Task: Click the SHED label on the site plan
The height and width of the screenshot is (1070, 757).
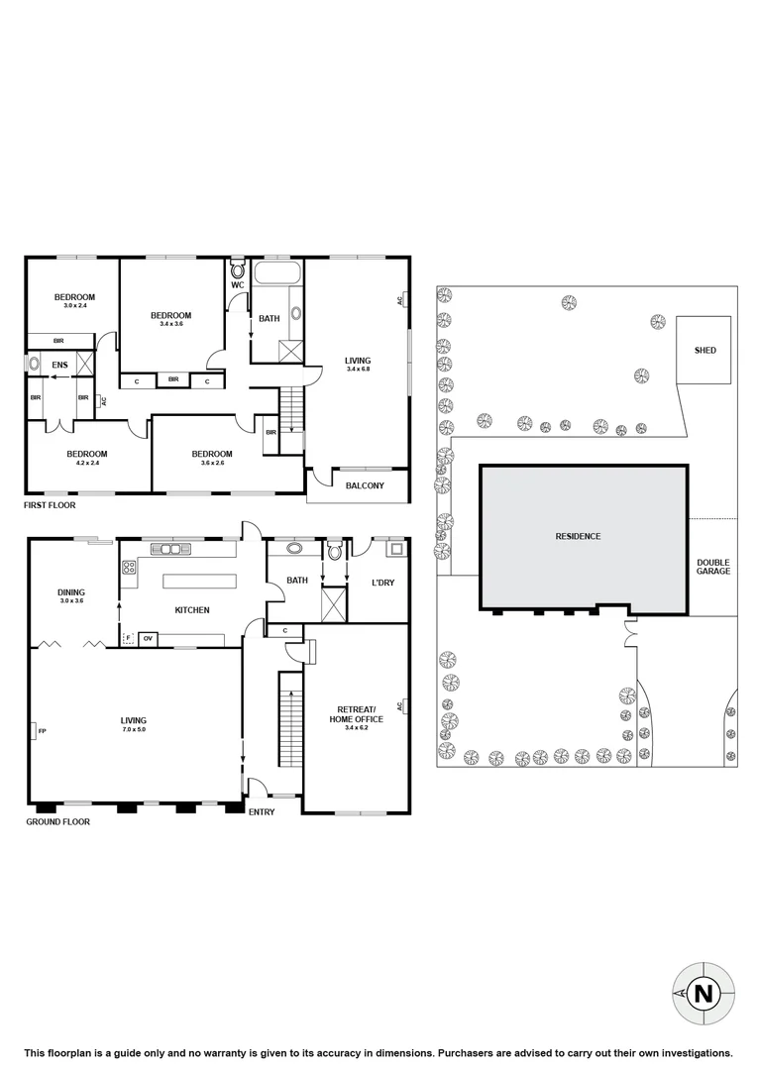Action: click(x=704, y=351)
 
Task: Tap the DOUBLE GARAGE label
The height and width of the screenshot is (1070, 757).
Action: click(x=713, y=566)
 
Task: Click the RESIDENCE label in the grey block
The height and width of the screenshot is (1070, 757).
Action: click(x=578, y=536)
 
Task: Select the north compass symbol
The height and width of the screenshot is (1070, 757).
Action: click(x=703, y=993)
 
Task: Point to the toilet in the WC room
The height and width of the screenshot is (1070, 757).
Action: click(x=238, y=268)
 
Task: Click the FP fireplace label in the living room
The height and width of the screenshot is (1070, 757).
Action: click(x=42, y=731)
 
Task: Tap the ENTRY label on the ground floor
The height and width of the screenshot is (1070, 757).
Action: click(x=262, y=811)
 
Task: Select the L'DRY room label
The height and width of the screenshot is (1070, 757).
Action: click(x=381, y=583)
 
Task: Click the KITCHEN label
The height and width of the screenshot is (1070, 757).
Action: click(x=192, y=610)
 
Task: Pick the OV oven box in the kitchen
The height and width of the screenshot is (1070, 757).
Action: click(x=148, y=638)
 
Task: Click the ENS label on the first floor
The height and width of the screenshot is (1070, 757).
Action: click(x=58, y=365)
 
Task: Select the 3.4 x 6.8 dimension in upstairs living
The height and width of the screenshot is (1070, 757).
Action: click(x=358, y=370)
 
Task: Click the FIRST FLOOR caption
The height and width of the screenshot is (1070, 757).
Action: click(x=50, y=504)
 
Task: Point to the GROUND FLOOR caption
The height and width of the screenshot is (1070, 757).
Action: click(x=56, y=821)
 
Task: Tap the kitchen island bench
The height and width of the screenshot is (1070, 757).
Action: click(x=201, y=582)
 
